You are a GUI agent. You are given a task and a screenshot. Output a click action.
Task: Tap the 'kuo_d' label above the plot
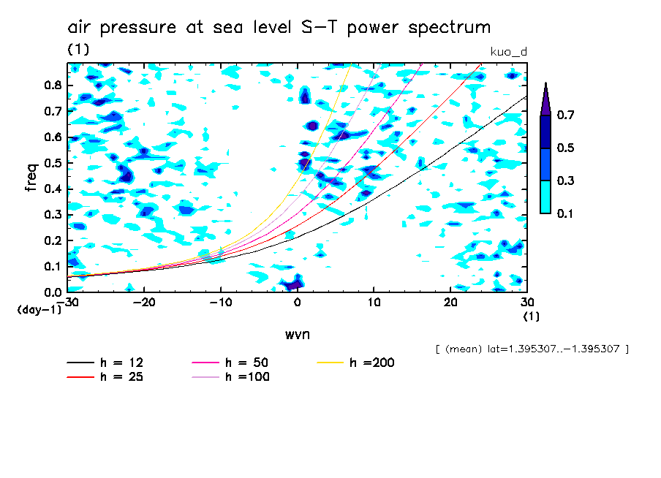pos(508,52)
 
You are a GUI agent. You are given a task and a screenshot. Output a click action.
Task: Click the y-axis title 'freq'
pos(31,177)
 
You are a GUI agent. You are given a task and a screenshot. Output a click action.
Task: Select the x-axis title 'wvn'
pos(297,334)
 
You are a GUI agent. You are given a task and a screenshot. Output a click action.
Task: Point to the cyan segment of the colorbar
pos(545,197)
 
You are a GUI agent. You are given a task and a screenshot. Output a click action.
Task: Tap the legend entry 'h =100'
pos(230,377)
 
